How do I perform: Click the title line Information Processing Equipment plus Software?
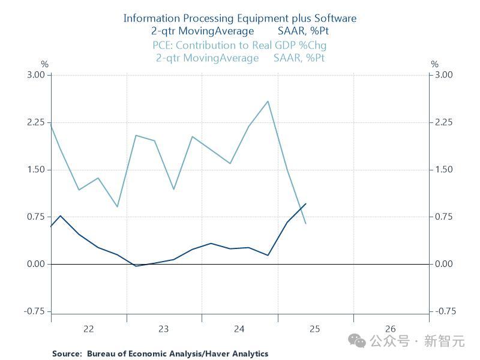coord(239,18)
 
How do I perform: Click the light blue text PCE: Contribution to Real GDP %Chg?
coord(239,45)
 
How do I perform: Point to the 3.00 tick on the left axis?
coord(35,75)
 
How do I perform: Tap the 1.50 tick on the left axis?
coord(35,170)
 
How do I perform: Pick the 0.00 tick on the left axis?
coord(35,264)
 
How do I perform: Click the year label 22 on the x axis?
coord(89,329)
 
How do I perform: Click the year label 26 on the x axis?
coord(391,329)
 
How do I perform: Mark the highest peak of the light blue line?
coord(268,101)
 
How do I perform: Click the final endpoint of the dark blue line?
coord(306,204)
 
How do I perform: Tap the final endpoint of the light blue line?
coord(306,224)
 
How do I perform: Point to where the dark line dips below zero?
coord(137,266)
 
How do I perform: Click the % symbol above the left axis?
coord(44,64)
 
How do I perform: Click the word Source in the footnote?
coord(66,354)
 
